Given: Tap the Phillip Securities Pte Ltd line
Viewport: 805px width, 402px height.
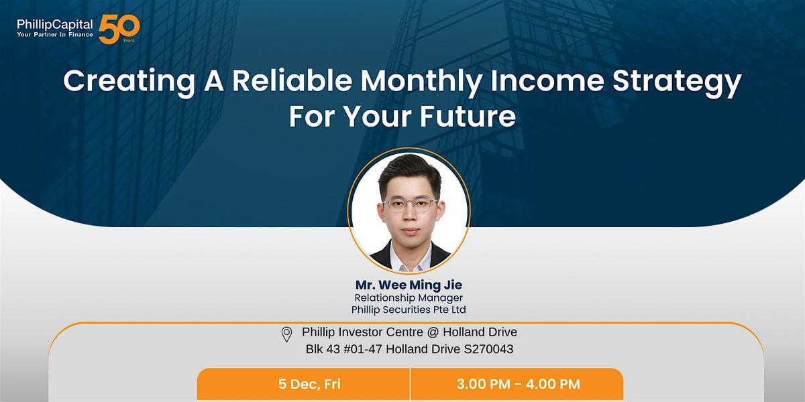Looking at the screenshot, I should tap(409, 310).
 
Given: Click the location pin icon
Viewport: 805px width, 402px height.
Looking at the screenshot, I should tap(286, 334).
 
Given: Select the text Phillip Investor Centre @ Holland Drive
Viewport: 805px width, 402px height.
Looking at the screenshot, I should tap(409, 332).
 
